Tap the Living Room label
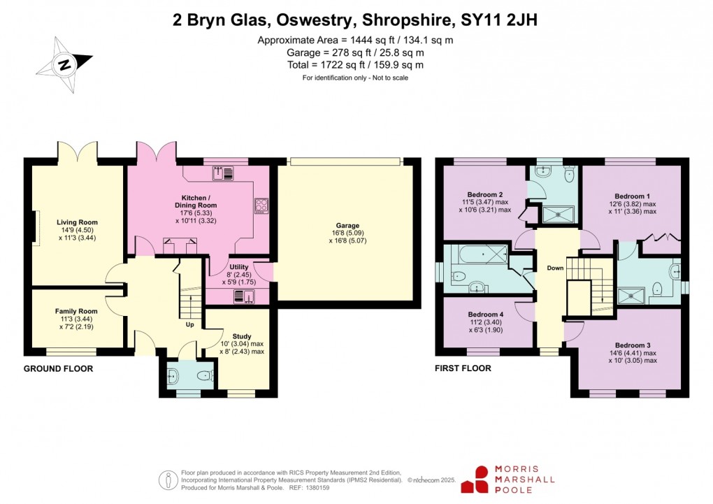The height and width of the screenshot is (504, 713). pyautogui.click(x=77, y=222)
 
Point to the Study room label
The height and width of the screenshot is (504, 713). pyautogui.click(x=242, y=336)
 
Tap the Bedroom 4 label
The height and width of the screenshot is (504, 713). pyautogui.click(x=485, y=315)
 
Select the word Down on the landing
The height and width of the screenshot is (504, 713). pyautogui.click(x=555, y=268)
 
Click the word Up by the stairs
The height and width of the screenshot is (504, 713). pyautogui.click(x=190, y=324)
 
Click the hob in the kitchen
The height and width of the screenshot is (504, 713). pyautogui.click(x=261, y=205)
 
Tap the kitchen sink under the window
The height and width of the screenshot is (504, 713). pyautogui.click(x=222, y=172)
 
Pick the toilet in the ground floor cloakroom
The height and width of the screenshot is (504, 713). pyautogui.click(x=203, y=376)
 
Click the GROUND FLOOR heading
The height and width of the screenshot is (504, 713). pyautogui.click(x=58, y=368)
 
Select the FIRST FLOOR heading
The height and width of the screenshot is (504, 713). pyautogui.click(x=463, y=368)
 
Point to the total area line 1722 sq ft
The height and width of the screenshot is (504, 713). pyautogui.click(x=355, y=65)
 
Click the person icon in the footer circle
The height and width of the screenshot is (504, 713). pyautogui.click(x=167, y=480)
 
